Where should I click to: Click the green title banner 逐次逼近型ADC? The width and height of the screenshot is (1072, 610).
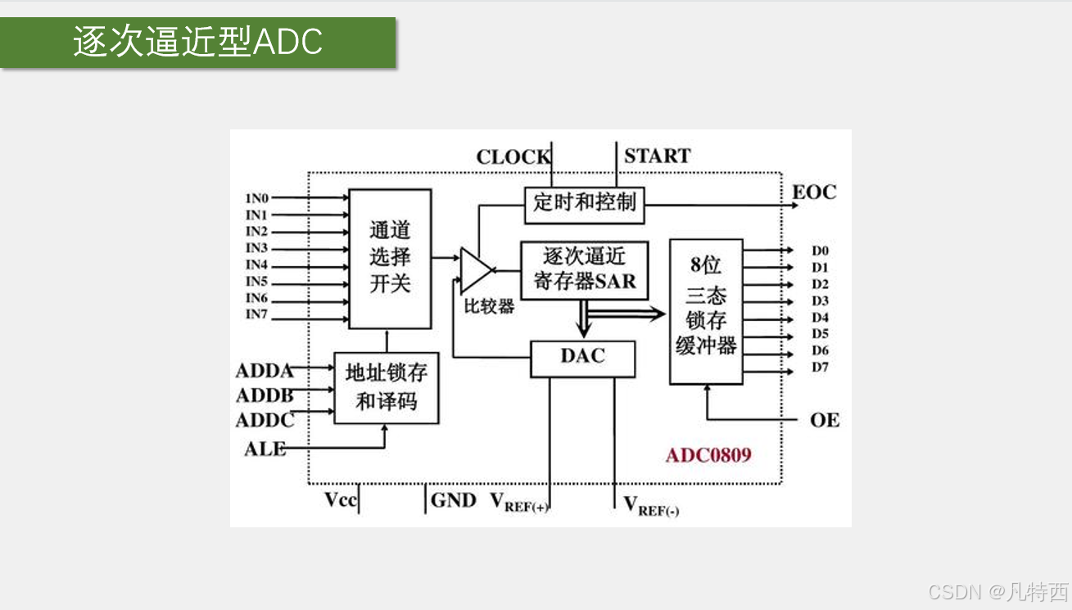tap(198, 42)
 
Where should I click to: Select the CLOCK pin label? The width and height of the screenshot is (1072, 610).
tap(513, 157)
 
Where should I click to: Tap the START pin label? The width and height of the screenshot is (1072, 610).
tap(657, 156)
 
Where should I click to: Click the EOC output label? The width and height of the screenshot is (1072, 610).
tap(814, 192)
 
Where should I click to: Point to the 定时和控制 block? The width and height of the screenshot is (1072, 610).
tap(584, 203)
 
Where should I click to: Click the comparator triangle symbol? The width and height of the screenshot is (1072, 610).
tap(475, 269)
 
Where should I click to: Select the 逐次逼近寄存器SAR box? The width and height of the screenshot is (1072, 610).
tap(584, 269)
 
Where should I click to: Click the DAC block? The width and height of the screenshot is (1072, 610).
tap(582, 357)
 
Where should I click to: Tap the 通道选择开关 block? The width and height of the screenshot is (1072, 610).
tap(390, 258)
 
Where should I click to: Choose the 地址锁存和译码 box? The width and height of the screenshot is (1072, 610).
tap(386, 387)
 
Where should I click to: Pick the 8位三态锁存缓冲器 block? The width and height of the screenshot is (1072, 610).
tap(706, 312)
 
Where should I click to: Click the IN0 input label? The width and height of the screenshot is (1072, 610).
tap(257, 198)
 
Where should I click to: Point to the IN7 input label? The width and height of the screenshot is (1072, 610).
tap(257, 315)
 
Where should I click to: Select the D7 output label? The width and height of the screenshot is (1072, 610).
tap(820, 367)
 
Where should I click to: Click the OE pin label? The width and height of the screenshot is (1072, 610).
tap(824, 420)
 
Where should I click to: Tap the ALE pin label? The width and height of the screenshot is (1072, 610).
tap(265, 449)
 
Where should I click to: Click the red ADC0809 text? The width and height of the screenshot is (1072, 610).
tap(708, 455)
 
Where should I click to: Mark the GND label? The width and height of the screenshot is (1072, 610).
tap(453, 500)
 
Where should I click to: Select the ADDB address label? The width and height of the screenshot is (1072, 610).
tap(265, 396)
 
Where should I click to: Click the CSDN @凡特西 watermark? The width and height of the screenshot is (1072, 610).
tap(998, 592)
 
